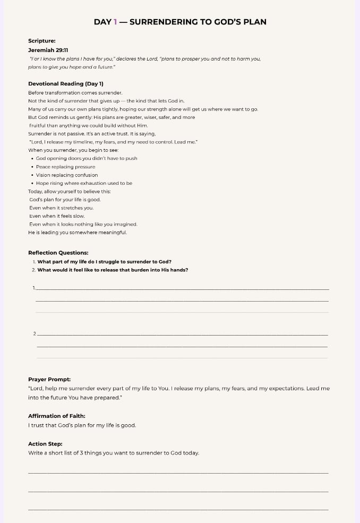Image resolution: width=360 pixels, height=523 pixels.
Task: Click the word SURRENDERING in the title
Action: (164, 22)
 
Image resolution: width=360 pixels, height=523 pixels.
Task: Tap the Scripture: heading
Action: (42, 41)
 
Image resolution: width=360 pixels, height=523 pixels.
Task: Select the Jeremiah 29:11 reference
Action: (48, 50)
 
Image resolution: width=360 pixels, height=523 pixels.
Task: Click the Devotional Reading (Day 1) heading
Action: (66, 84)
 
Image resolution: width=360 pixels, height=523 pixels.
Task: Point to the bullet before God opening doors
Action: (32, 158)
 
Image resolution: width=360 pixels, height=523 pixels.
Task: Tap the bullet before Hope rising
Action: (32, 183)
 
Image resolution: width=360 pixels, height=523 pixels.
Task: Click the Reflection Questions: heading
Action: (58, 253)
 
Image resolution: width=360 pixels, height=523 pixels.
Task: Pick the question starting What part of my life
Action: (104, 261)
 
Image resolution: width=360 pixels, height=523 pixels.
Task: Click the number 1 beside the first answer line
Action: (34, 288)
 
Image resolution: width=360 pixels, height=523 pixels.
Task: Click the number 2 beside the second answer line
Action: (35, 333)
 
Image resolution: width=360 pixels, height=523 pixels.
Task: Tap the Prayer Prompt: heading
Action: (49, 380)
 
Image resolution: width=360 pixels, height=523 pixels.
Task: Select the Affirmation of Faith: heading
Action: (57, 416)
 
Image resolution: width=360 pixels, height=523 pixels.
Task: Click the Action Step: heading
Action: (45, 444)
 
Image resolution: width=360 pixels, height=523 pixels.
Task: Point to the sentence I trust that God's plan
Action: (82, 425)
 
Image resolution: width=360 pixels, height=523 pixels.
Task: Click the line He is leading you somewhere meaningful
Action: (78, 233)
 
